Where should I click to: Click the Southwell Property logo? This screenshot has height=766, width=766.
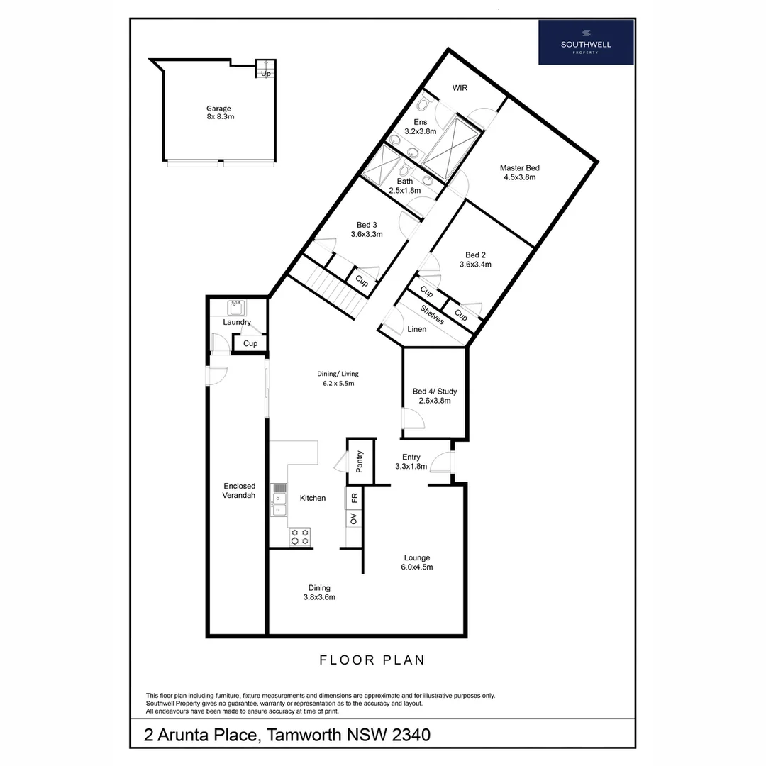pyautogui.click(x=586, y=42)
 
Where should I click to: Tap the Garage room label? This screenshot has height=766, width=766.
pyautogui.click(x=218, y=109)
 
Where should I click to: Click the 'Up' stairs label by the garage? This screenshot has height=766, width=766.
pyautogui.click(x=266, y=73)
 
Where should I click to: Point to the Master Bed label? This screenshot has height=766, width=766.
pyautogui.click(x=519, y=168)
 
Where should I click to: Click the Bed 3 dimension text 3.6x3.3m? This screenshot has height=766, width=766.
pyautogui.click(x=367, y=234)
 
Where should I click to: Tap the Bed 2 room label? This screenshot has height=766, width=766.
pyautogui.click(x=475, y=255)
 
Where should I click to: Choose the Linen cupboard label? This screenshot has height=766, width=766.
pyautogui.click(x=417, y=330)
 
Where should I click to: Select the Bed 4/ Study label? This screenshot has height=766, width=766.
pyautogui.click(x=435, y=392)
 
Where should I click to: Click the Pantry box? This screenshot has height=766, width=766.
pyautogui.click(x=360, y=461)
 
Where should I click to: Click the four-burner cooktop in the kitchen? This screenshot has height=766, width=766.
pyautogui.click(x=300, y=537)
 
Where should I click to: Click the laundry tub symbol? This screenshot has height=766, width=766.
pyautogui.click(x=236, y=308)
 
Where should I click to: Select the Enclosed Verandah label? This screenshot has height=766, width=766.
pyautogui.click(x=239, y=491)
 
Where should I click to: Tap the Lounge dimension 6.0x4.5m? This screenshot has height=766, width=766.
pyautogui.click(x=417, y=567)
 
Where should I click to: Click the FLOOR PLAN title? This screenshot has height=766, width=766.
pyautogui.click(x=372, y=660)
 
